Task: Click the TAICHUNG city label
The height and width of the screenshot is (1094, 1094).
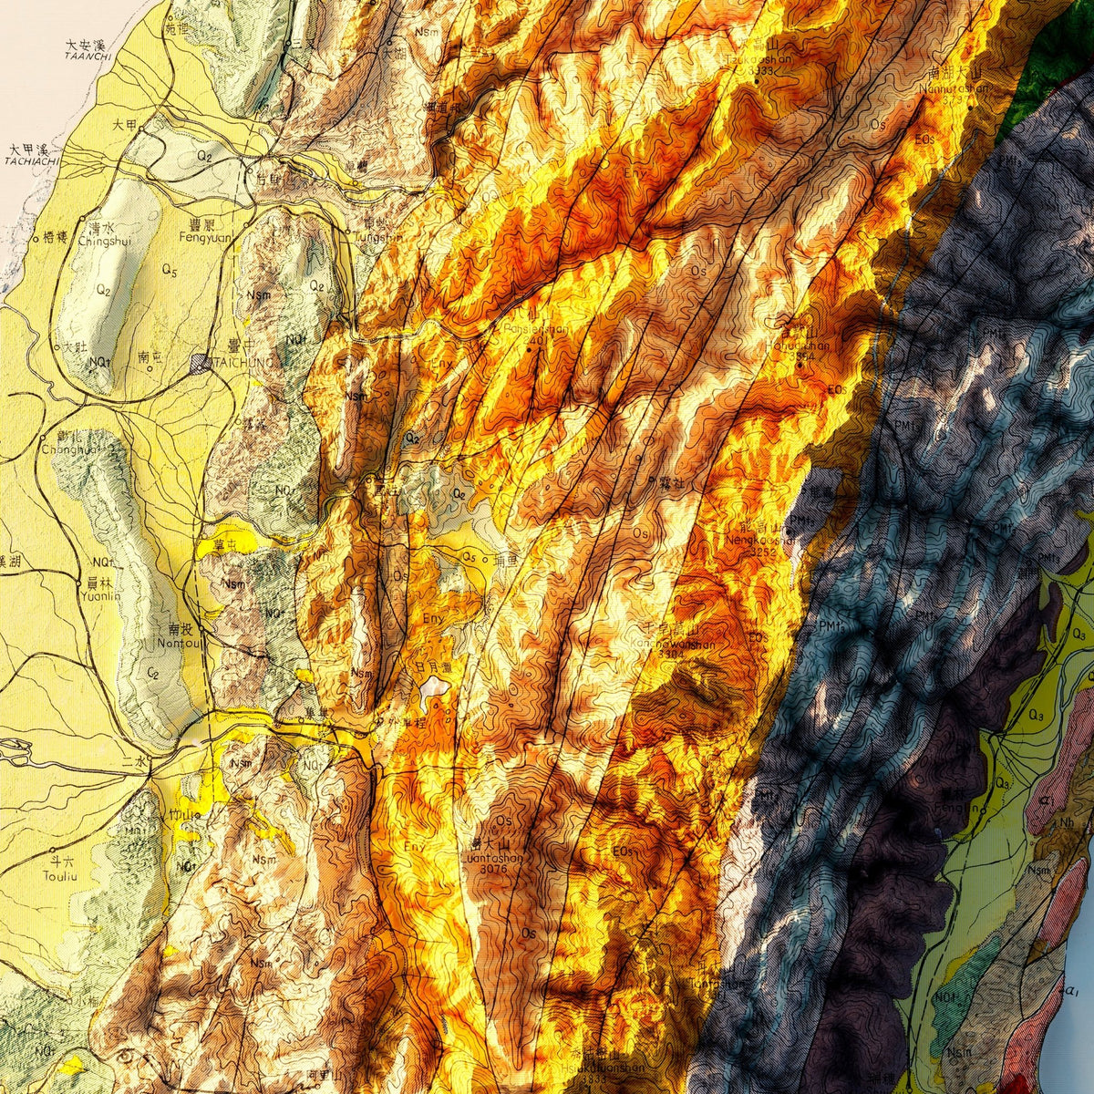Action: click(243, 363)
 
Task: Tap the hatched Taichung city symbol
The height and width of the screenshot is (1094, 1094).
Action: click(201, 363)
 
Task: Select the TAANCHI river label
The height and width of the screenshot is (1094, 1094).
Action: click(88, 57)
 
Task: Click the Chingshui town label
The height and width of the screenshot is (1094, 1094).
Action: click(99, 243)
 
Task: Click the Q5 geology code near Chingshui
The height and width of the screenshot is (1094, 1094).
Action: click(168, 271)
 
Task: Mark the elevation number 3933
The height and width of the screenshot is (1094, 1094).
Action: click(759, 70)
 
